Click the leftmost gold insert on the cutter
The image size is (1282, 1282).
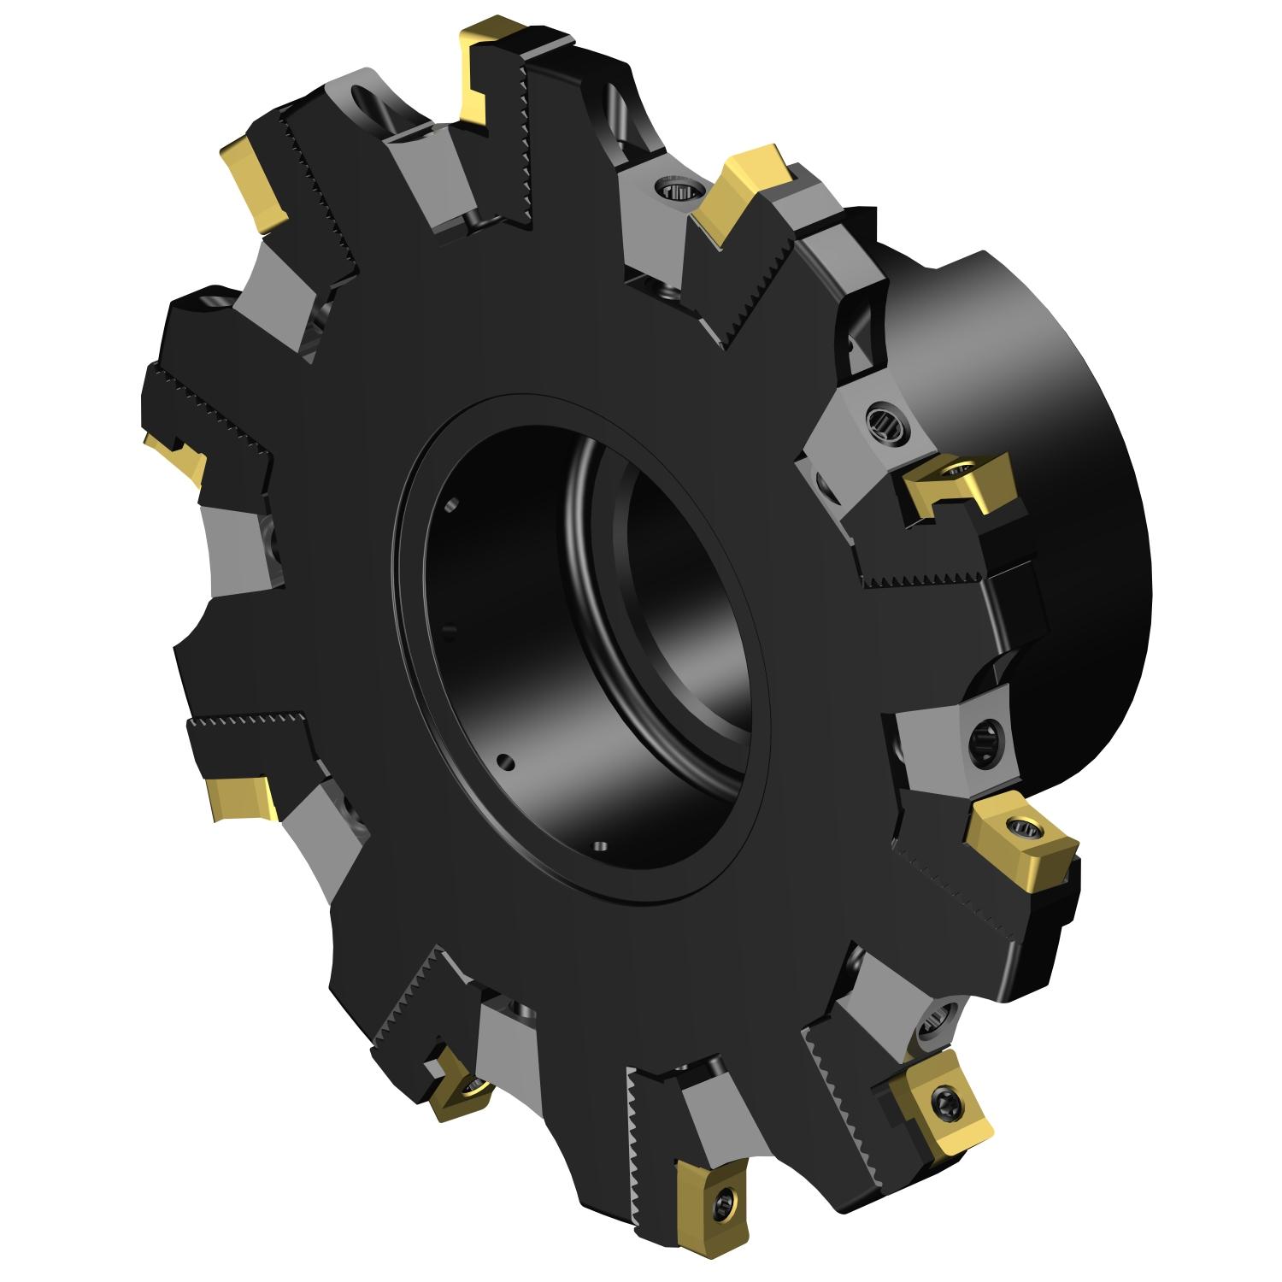(178, 457)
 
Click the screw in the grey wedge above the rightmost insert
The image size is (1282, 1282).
(981, 733)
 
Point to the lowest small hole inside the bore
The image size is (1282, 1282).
(600, 846)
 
